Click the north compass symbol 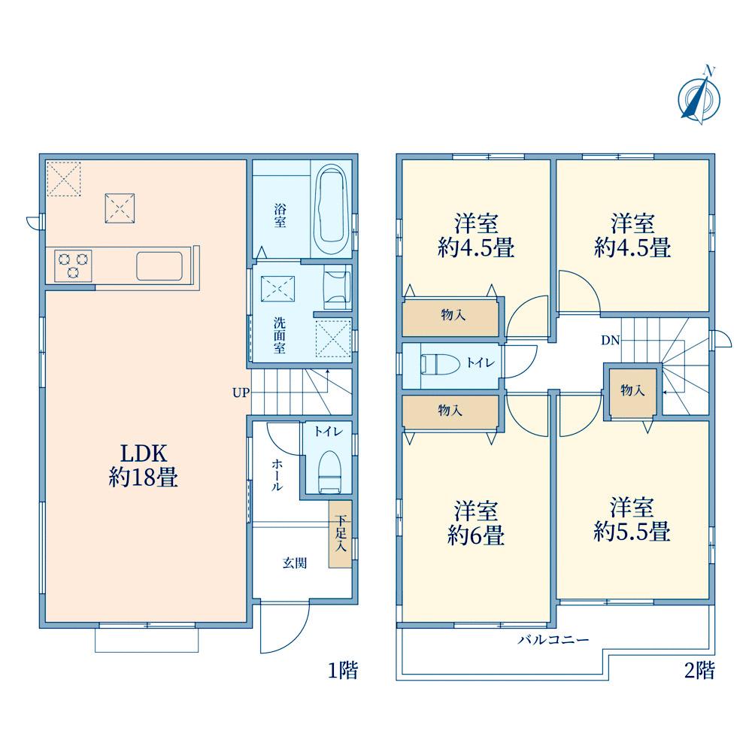699,96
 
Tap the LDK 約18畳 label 144,465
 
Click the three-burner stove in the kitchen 73,265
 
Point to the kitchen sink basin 159,265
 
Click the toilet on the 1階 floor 329,472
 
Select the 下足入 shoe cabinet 340,534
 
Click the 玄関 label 295,562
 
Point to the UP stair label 241,393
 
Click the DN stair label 611,341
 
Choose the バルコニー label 553,640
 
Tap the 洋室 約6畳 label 476,523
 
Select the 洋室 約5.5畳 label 632,520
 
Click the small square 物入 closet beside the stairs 632,390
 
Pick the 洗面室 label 280,335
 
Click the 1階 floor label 343,670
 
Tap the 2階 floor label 699,670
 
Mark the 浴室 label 280,216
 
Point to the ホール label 277,475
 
